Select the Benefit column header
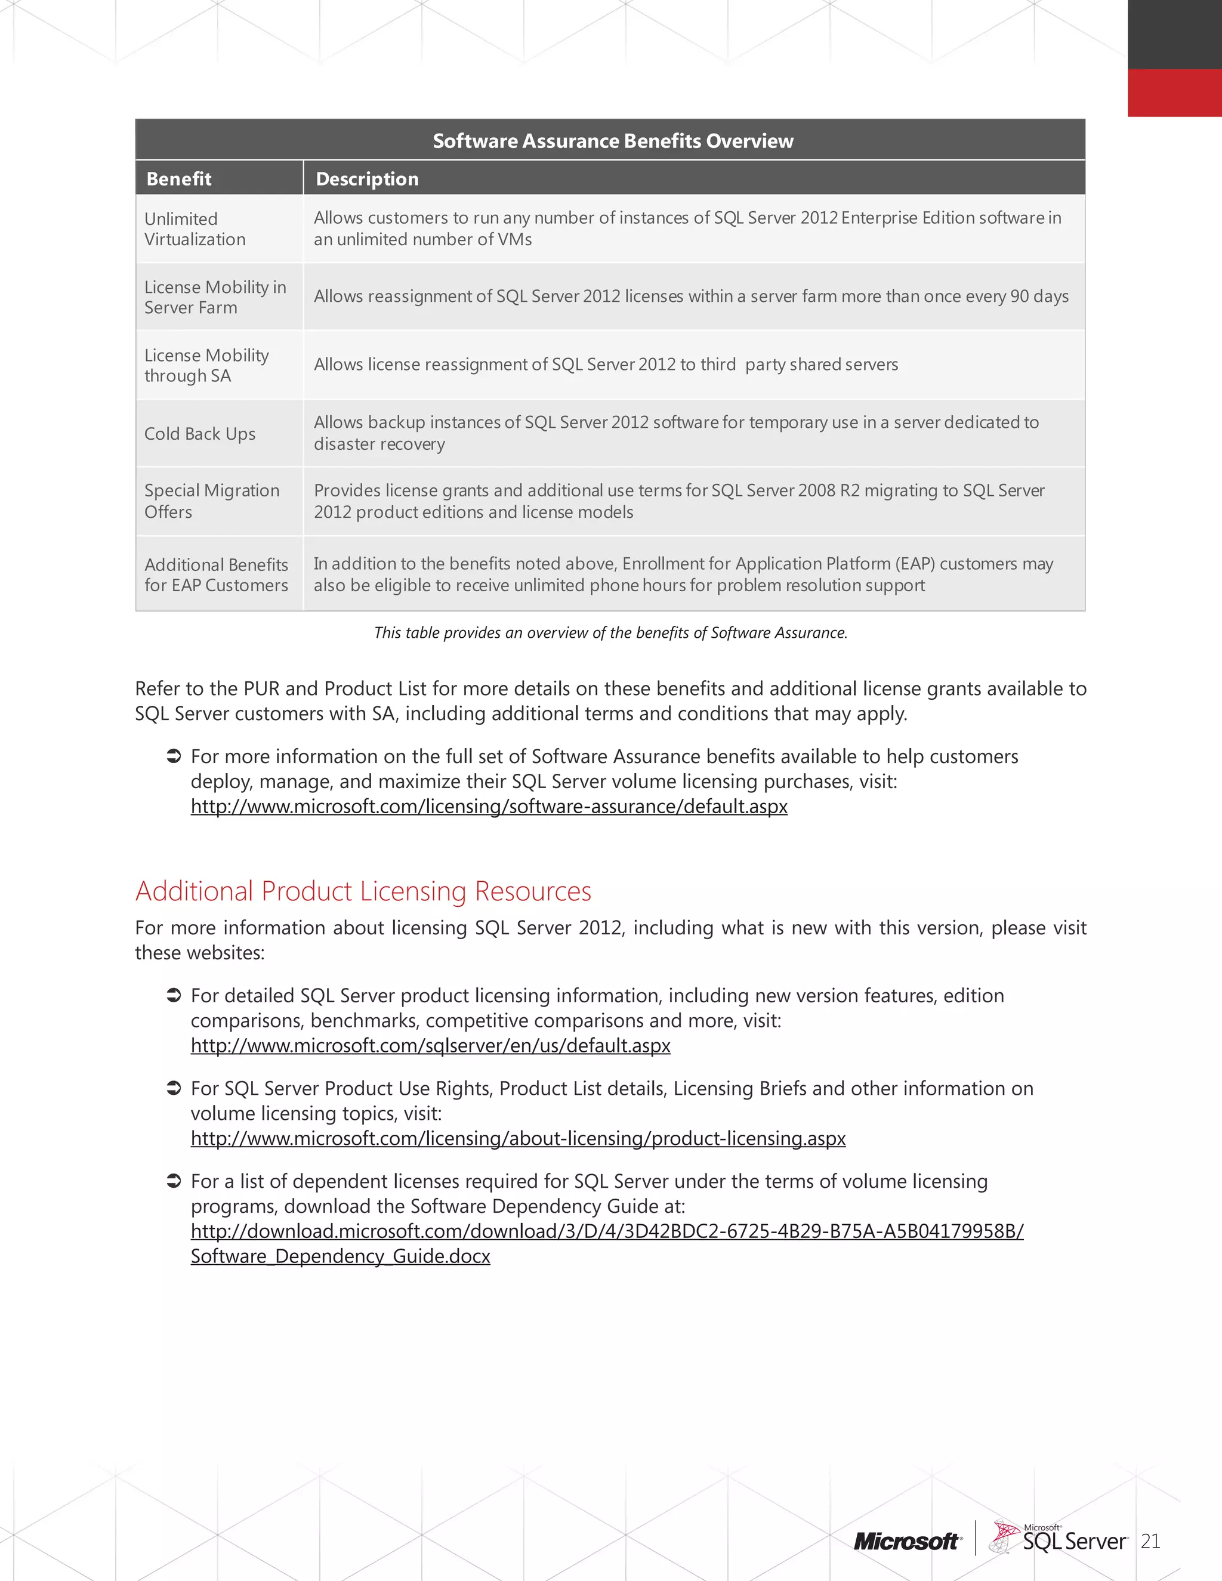click(179, 179)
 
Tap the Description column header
click(367, 179)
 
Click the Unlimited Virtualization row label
click(195, 228)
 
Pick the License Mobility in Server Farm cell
click(215, 297)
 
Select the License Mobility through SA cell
click(206, 365)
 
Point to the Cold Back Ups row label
click(200, 434)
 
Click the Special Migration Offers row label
click(211, 501)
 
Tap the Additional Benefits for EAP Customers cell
click(216, 575)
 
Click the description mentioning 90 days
click(690, 296)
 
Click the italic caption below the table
click(610, 632)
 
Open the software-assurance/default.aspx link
click(489, 807)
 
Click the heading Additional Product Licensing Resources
click(363, 891)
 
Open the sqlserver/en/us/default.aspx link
click(430, 1045)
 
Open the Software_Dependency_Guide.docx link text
click(340, 1256)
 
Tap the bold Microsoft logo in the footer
click(906, 1541)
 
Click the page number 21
click(1150, 1541)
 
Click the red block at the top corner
click(1174, 92)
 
